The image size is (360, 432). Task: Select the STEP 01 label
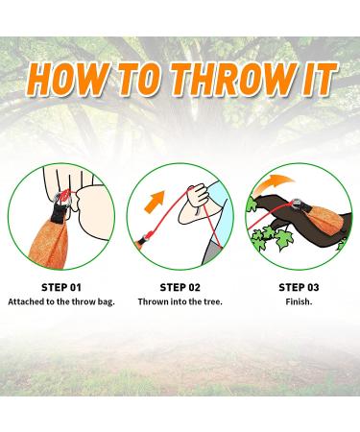click(60, 286)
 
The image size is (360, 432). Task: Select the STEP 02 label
click(180, 286)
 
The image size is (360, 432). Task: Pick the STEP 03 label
click(300, 286)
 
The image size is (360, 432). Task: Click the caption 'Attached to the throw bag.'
click(60, 301)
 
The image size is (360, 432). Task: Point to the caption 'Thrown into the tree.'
click(180, 301)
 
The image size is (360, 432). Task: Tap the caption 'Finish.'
click(300, 301)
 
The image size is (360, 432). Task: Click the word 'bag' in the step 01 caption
click(108, 301)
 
